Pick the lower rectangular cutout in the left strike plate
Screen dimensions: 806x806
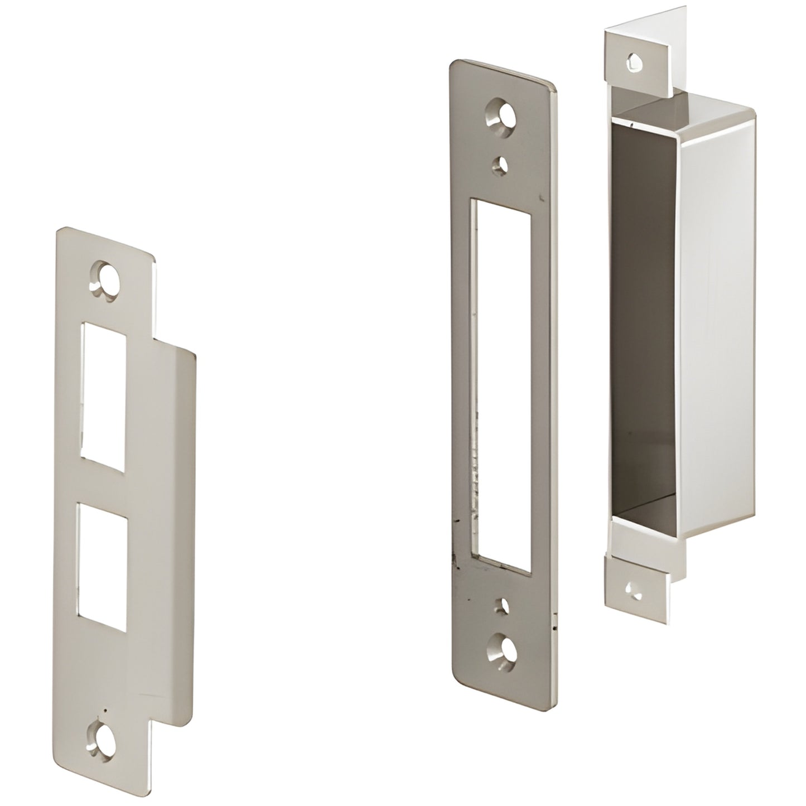pos(102,558)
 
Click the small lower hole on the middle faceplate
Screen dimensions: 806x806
pos(503,606)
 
